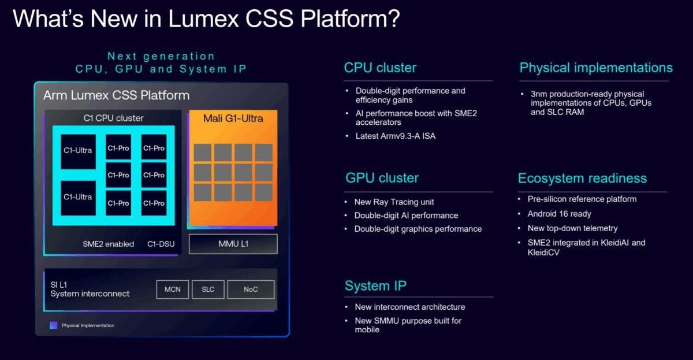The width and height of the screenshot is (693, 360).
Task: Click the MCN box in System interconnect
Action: tap(173, 289)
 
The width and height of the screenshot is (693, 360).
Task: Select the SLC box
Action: tap(208, 289)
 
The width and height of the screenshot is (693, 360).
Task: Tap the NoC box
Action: tap(251, 289)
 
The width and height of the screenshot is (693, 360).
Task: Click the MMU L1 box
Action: tap(233, 244)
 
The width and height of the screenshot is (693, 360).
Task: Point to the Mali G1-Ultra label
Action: tap(233, 118)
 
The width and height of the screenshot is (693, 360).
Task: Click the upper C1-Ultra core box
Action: tap(78, 151)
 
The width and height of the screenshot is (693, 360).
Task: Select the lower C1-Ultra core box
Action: tap(78, 197)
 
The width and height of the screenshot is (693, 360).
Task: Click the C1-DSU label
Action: tap(160, 244)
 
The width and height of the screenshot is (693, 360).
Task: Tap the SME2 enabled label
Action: tap(108, 244)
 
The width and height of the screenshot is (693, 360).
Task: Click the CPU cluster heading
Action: tap(380, 68)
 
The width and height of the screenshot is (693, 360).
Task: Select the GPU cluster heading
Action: tap(382, 178)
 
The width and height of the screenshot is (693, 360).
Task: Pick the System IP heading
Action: tap(375, 285)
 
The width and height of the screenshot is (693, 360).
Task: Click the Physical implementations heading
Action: tap(596, 68)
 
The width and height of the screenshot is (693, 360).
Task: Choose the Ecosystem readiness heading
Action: tap(582, 178)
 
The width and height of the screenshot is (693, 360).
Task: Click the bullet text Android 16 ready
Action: tap(559, 214)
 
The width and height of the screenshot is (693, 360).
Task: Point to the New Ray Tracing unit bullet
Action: tap(394, 202)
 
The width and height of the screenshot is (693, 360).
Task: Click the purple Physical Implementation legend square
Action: tap(54, 325)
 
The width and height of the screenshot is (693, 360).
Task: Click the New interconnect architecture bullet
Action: tap(409, 307)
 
